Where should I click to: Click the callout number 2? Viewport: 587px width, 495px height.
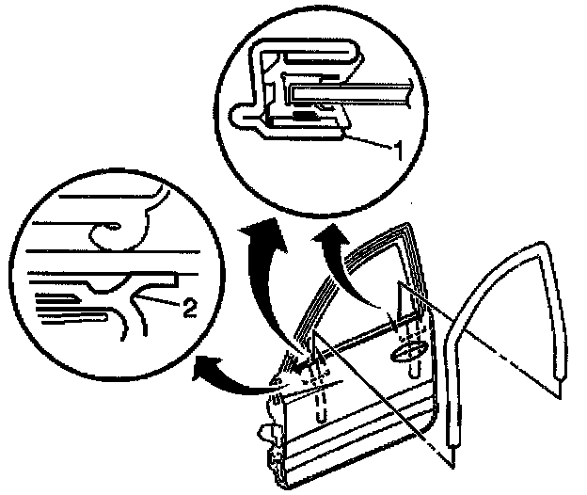coord(189,306)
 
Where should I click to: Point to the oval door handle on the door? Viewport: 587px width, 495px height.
coord(407,351)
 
